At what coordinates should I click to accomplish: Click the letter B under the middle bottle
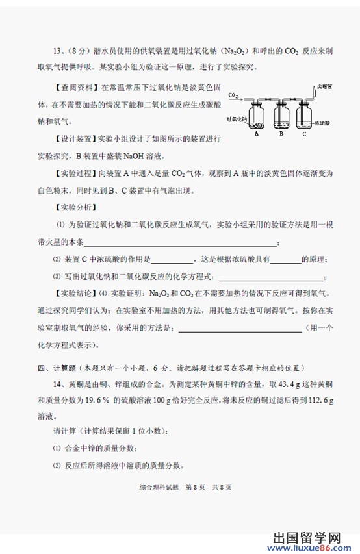click(x=281, y=134)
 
